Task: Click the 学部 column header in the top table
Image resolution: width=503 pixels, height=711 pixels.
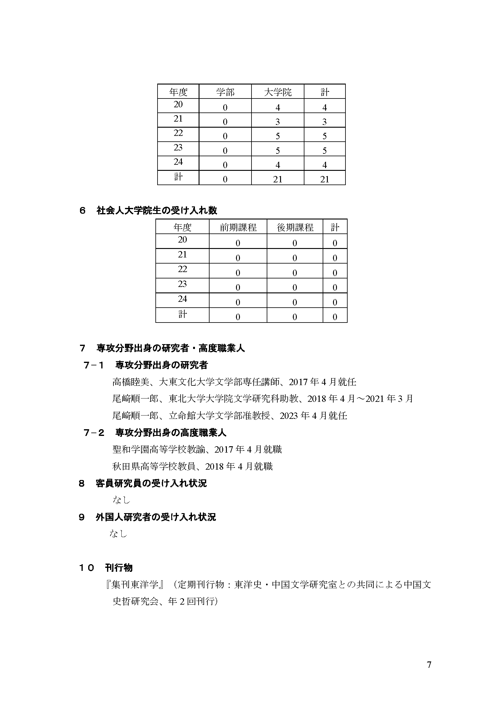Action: pos(225,92)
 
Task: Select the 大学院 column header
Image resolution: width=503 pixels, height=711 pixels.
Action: pos(278,92)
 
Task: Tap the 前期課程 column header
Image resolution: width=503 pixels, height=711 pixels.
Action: pos(238,228)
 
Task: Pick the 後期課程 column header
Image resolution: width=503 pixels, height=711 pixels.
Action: pos(295,228)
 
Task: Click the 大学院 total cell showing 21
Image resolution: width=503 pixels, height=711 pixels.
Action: pos(278,179)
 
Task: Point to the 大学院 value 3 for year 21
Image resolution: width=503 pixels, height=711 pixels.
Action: pos(278,122)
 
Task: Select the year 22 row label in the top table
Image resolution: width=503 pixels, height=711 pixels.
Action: pos(178,133)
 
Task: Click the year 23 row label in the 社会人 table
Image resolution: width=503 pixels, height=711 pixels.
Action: pos(182,284)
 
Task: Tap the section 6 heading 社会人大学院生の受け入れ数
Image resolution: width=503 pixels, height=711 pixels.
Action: pos(157,211)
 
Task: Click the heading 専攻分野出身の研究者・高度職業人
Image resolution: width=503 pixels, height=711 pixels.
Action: pos(170,348)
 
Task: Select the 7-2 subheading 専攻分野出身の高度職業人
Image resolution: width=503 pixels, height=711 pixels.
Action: pos(170,433)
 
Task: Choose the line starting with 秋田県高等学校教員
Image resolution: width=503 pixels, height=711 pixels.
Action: pos(192,466)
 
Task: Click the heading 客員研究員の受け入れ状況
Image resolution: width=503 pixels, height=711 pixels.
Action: pos(151,483)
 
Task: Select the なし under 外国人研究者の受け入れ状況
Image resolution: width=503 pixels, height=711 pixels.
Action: pos(118,533)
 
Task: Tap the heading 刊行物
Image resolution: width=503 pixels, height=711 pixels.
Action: pos(119,568)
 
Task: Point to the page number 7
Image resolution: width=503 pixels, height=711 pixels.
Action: pos(429,664)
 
